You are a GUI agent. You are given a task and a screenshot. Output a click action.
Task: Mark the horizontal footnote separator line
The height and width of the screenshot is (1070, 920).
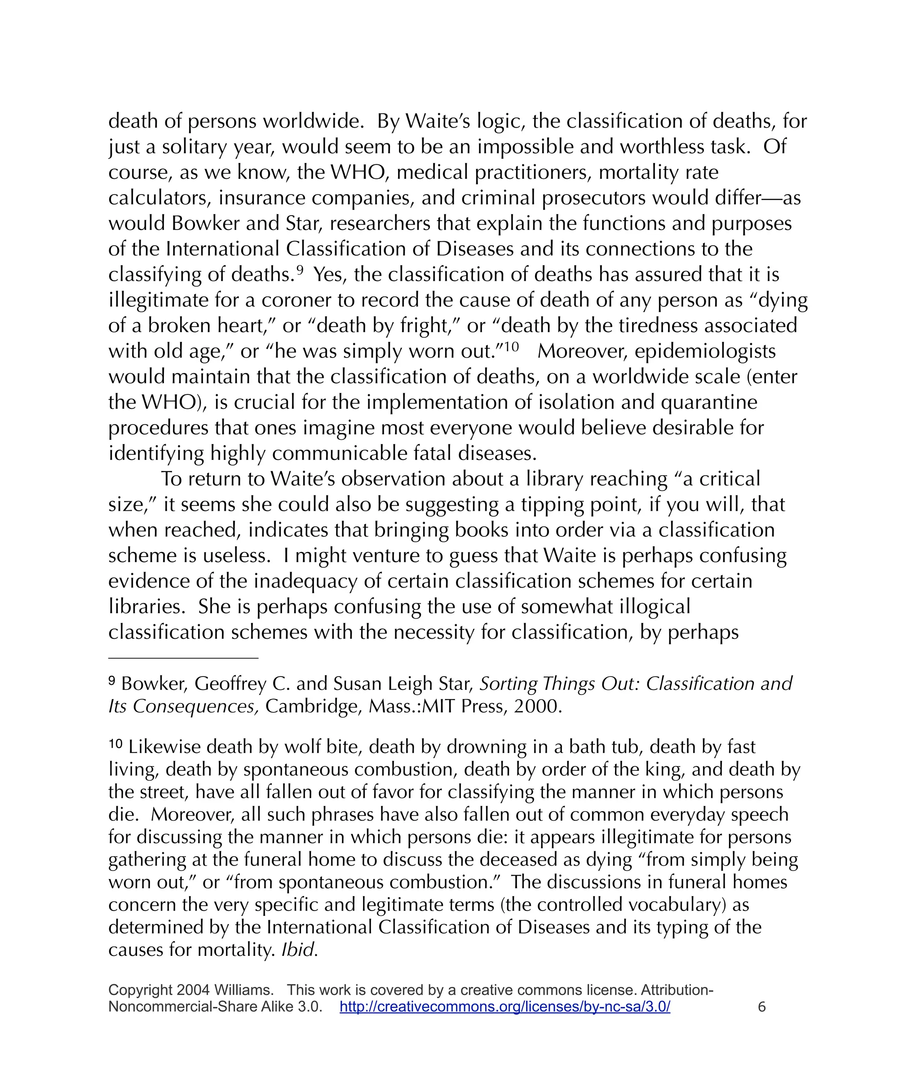[x=183, y=659]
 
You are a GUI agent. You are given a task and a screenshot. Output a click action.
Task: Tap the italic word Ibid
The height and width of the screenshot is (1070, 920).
[x=299, y=949]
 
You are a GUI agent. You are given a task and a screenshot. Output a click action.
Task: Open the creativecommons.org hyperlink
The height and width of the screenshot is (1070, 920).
[x=504, y=1007]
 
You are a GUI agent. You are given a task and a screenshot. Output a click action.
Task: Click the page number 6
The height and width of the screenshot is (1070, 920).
[x=761, y=1007]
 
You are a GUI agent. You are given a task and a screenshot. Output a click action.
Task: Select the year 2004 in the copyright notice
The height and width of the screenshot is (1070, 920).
[x=193, y=990]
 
